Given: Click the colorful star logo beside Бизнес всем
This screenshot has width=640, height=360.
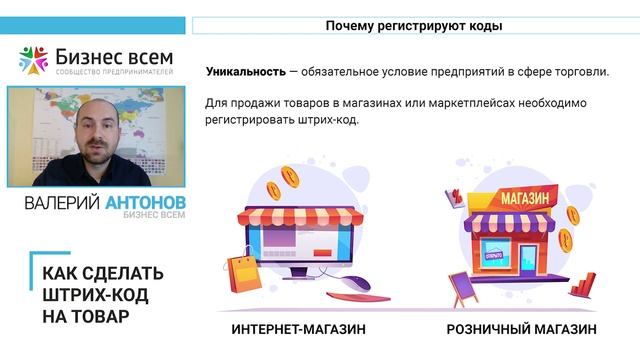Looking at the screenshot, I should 34,60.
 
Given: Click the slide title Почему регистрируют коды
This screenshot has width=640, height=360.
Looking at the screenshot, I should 413,26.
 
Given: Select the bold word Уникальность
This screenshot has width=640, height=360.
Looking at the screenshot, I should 245,72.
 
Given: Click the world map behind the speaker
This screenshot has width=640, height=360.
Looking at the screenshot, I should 40,120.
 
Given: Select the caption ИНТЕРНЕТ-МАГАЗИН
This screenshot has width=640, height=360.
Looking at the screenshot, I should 298,329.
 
